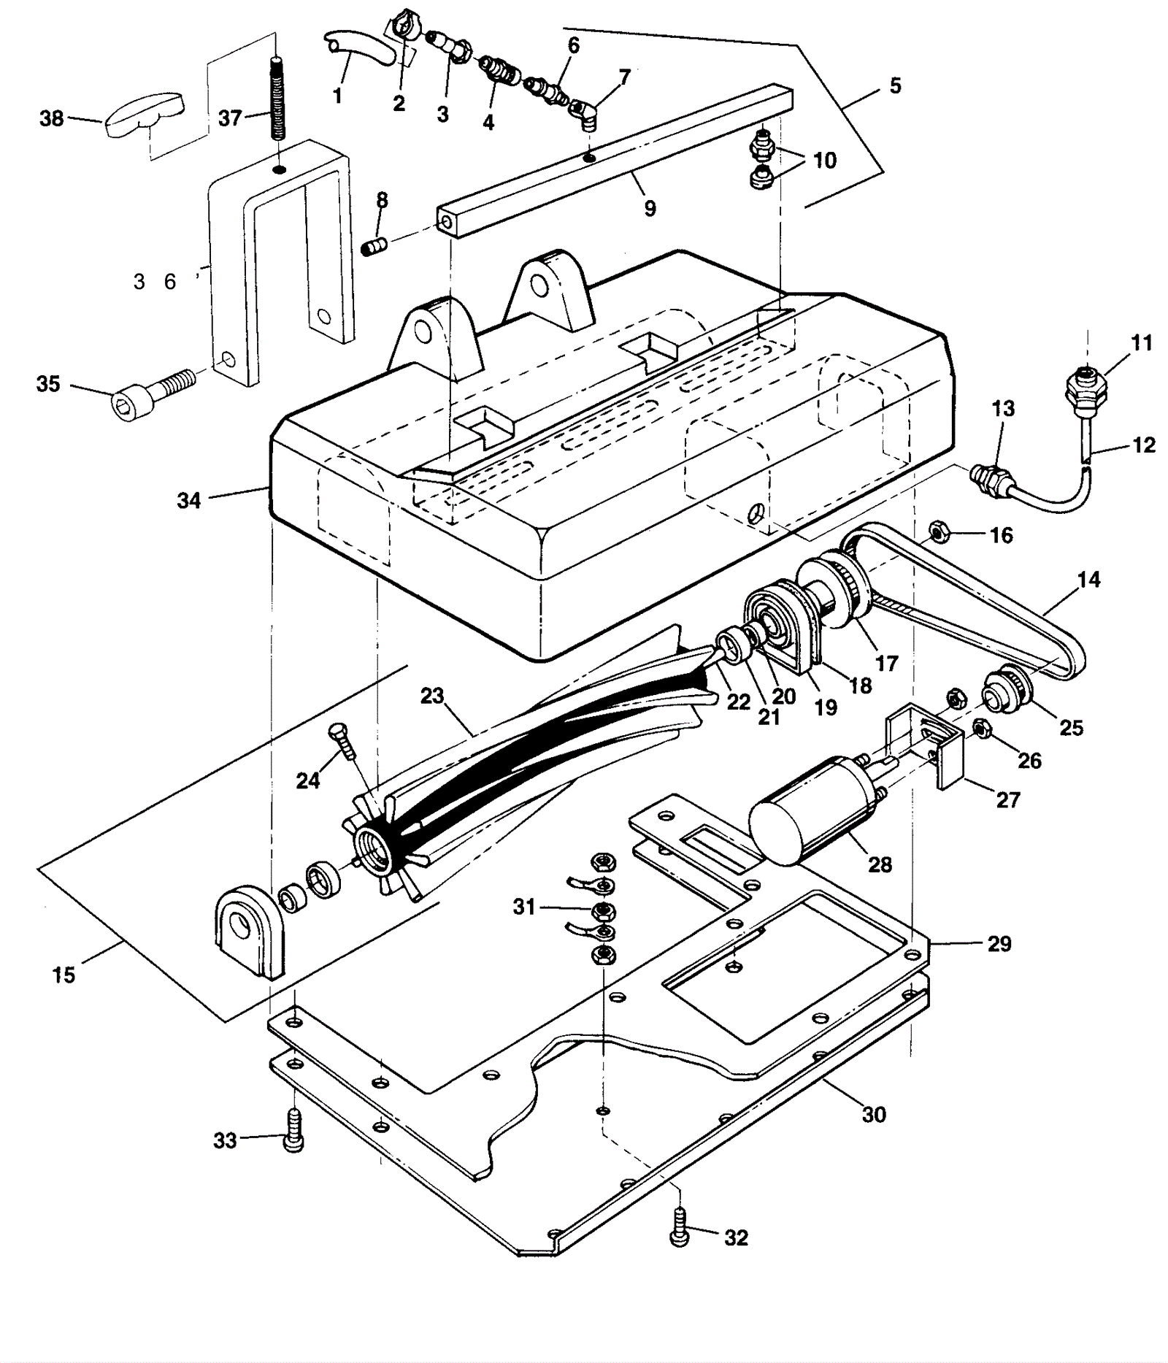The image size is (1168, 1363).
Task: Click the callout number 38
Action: [x=51, y=118]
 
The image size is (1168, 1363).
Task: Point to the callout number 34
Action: [x=188, y=501]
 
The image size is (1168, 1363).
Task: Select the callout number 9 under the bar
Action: [x=650, y=209]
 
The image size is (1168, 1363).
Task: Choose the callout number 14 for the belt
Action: [x=1088, y=580]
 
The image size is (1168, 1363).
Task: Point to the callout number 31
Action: [x=524, y=907]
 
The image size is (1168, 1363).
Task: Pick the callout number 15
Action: [x=64, y=975]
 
